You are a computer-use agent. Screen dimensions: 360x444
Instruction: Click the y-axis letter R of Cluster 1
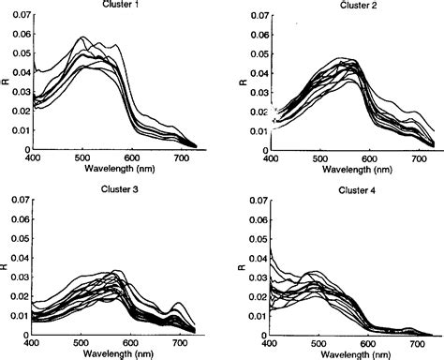(5, 82)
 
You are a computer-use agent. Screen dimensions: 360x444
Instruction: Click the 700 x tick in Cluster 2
(417, 158)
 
